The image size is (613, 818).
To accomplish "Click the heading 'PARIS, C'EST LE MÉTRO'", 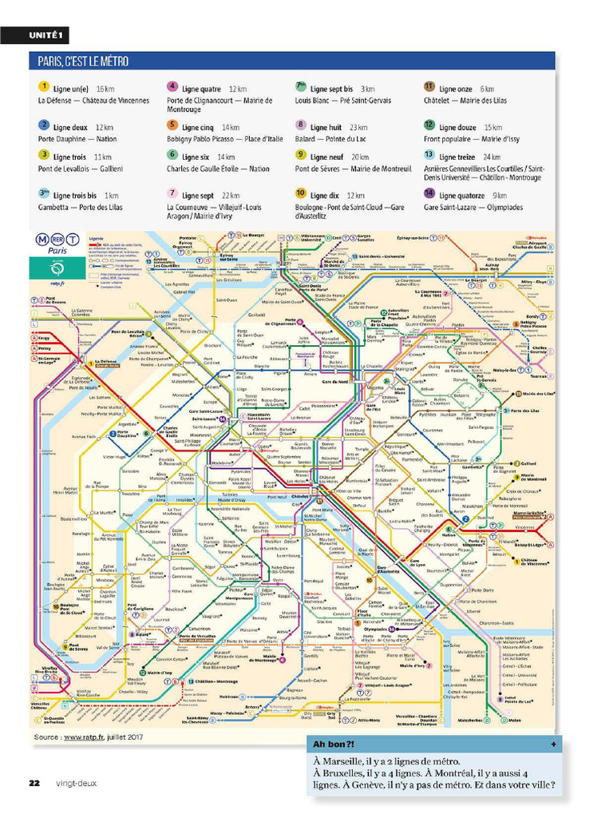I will coord(83,62).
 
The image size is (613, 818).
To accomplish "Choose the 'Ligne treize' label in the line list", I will coord(457,157).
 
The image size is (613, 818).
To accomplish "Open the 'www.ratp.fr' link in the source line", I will coord(85,737).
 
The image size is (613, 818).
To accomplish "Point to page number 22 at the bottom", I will coord(34,783).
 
